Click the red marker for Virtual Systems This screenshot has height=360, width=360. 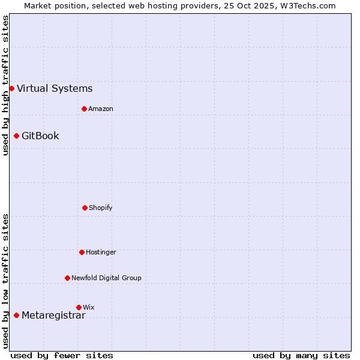point(11,88)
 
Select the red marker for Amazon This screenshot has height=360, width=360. point(84,109)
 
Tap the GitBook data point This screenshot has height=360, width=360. point(16,136)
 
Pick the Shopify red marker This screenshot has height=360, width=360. point(85,208)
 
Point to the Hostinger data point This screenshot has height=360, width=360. point(82,252)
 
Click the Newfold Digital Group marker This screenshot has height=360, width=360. point(67,278)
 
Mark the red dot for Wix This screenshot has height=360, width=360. point(79,307)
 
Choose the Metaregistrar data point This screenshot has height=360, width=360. point(16,315)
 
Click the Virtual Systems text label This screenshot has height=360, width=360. point(55,89)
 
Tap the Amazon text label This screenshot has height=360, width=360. point(101,109)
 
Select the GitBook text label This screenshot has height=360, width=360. point(40,136)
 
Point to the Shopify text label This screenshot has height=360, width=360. point(101,208)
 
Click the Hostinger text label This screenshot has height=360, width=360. point(101,252)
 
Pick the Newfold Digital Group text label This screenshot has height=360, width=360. point(106,278)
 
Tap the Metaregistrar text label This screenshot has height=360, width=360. point(53,316)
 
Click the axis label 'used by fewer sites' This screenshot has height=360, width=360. point(62,355)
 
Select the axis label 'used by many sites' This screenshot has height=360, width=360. point(301,355)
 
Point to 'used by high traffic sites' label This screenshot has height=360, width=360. point(5,85)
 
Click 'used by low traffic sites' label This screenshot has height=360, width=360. point(5,281)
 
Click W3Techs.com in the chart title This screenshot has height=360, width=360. point(306,5)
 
